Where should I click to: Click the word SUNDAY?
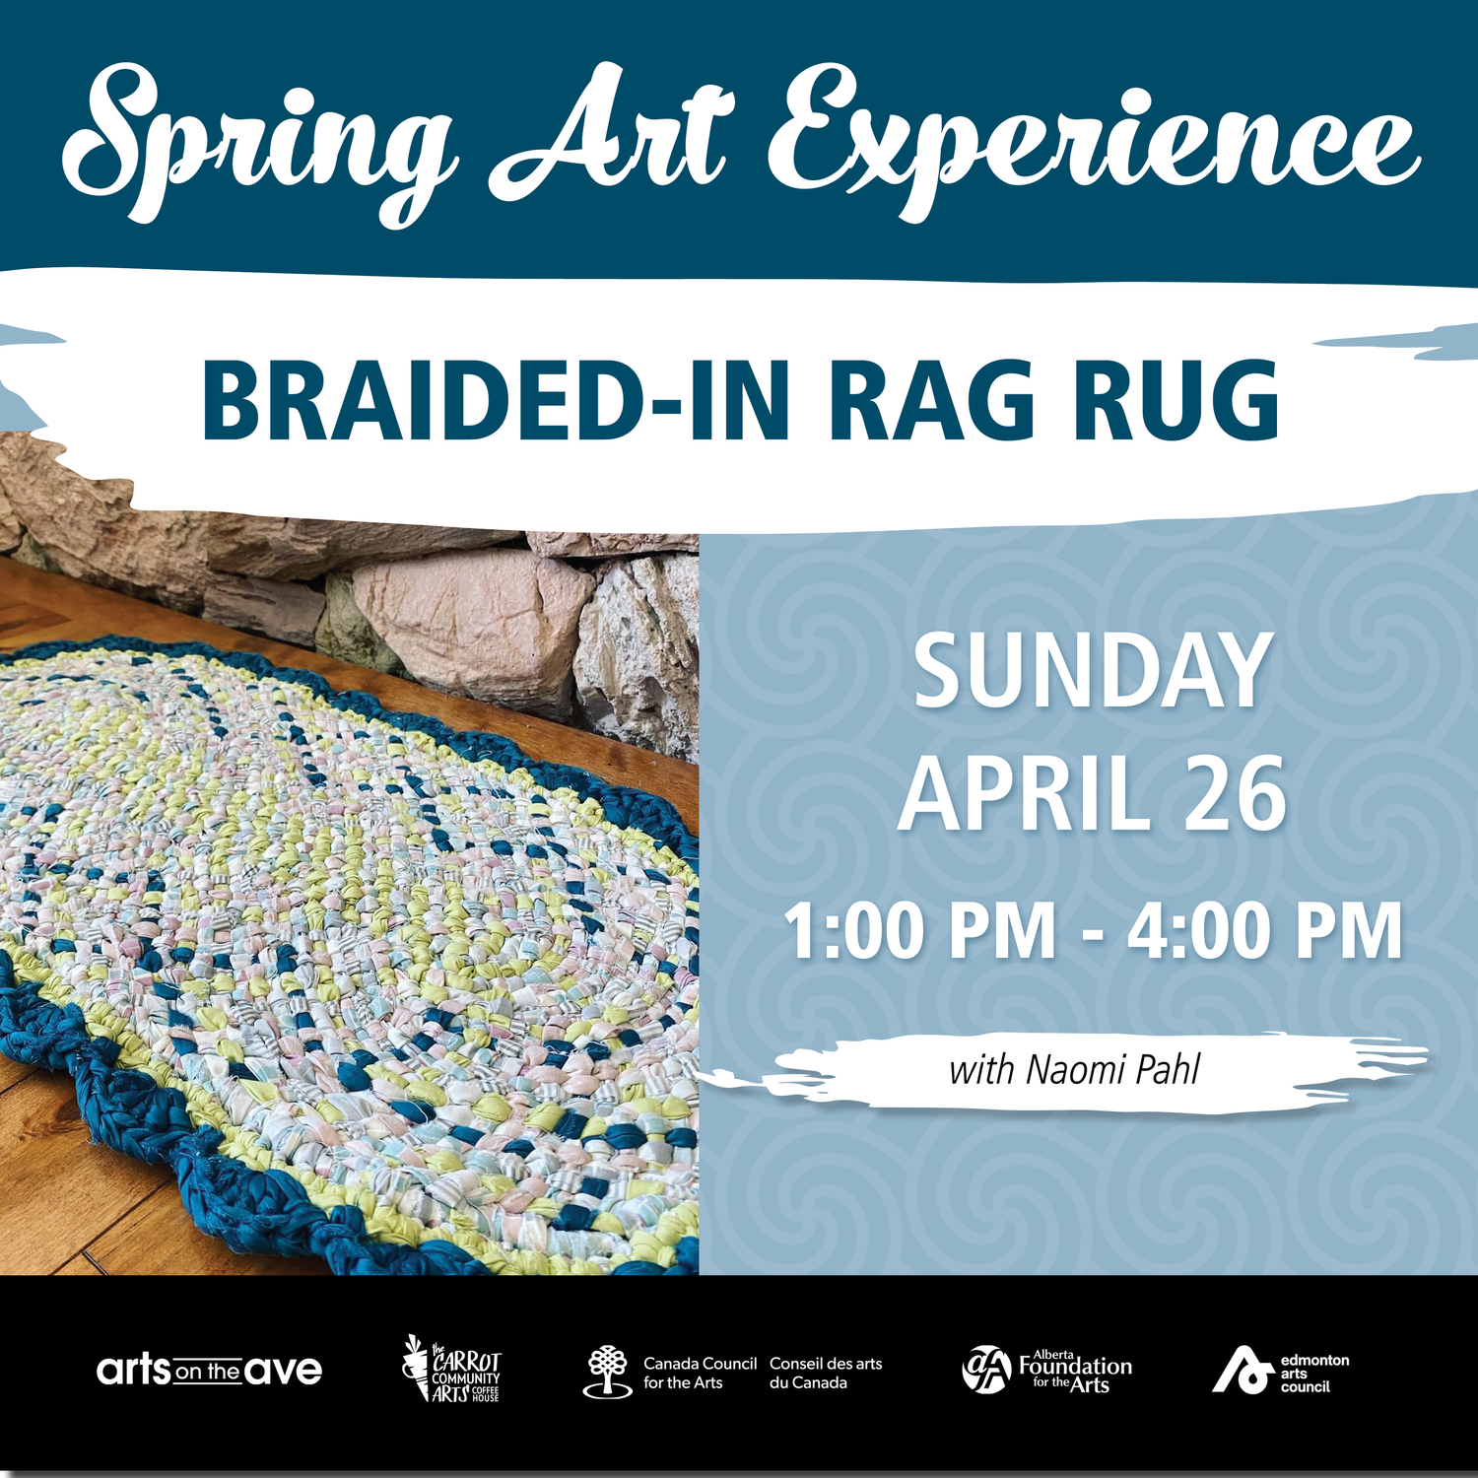[1092, 672]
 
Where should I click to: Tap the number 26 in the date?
[1236, 794]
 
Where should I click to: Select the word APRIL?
[1025, 794]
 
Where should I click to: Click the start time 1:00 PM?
[920, 931]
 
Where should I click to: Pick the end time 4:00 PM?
[1265, 931]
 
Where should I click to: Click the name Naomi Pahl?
[1113, 1070]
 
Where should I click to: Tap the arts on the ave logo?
[209, 1371]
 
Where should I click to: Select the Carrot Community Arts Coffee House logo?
[453, 1370]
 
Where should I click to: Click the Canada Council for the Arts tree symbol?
[607, 1371]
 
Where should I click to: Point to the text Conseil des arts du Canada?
[826, 1373]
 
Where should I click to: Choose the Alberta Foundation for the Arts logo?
[1046, 1370]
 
